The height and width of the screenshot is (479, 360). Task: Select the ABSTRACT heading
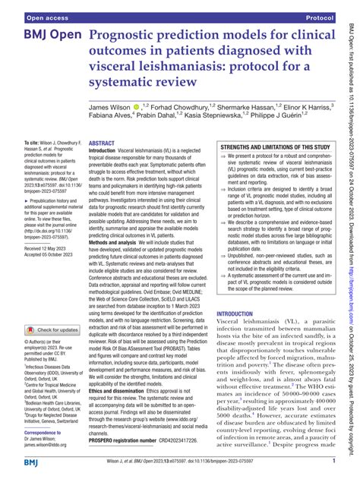(x=102, y=121)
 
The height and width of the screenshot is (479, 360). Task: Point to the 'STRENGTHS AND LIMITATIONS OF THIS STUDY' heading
(x=275, y=125)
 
